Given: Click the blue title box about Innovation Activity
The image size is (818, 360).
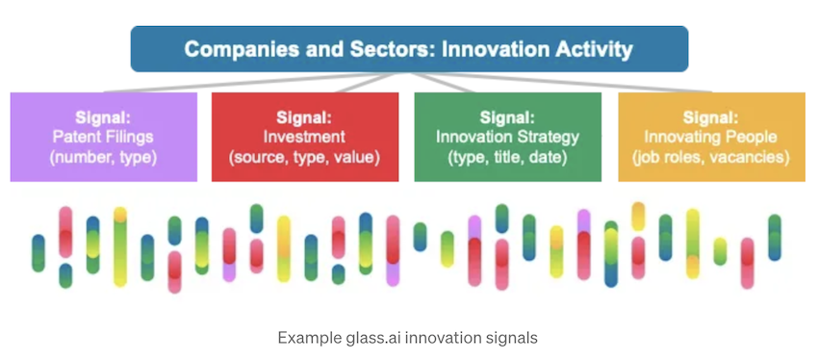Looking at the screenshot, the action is (x=409, y=49).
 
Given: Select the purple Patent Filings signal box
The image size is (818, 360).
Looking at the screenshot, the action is (x=104, y=138).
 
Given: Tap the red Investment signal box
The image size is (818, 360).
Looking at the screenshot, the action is (x=305, y=138).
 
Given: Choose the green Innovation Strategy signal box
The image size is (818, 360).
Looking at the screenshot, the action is (x=507, y=138).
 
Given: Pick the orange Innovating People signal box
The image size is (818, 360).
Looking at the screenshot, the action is (x=711, y=138).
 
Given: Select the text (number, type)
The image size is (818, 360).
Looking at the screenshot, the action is (x=103, y=158).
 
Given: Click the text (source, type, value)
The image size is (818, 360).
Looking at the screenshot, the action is (x=305, y=158).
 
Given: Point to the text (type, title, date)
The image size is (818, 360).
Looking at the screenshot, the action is (x=507, y=158).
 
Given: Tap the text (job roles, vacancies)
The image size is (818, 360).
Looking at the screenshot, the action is (x=711, y=158).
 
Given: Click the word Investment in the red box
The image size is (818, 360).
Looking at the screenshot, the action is (x=305, y=138).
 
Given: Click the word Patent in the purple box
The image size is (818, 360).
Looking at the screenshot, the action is (x=72, y=138).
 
